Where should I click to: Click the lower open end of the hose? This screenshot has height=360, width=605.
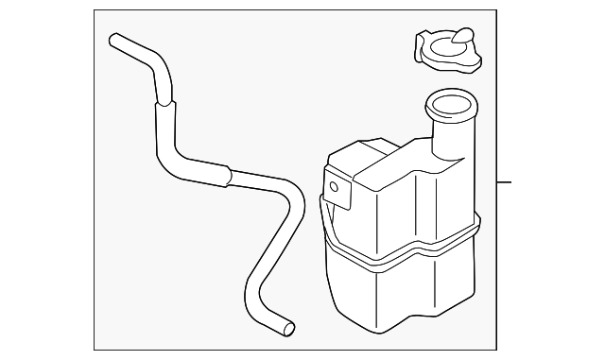pos(287,328)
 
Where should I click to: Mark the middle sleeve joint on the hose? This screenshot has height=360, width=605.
pos(226,173)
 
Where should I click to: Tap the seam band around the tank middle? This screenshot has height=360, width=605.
pos(397,257)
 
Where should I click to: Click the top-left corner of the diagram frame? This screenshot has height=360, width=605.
pos(95,11)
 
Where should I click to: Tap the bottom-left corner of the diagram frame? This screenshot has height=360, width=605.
pos(95,349)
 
